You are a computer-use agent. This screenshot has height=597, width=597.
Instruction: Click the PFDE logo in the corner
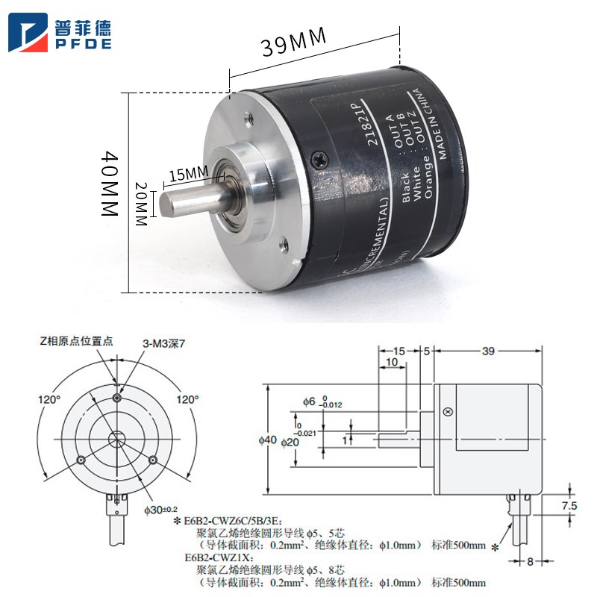click(60, 34)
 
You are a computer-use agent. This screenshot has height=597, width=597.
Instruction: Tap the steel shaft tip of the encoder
click(166, 203)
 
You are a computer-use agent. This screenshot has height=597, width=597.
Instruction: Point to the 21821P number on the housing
click(366, 119)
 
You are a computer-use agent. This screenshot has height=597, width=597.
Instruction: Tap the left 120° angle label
click(49, 400)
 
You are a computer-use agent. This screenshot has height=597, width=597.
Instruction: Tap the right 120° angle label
click(187, 400)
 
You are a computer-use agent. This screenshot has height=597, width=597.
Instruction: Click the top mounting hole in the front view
click(116, 398)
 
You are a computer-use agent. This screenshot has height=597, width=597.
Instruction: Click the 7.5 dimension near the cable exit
click(569, 505)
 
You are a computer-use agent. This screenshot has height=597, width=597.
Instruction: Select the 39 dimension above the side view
click(488, 351)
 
